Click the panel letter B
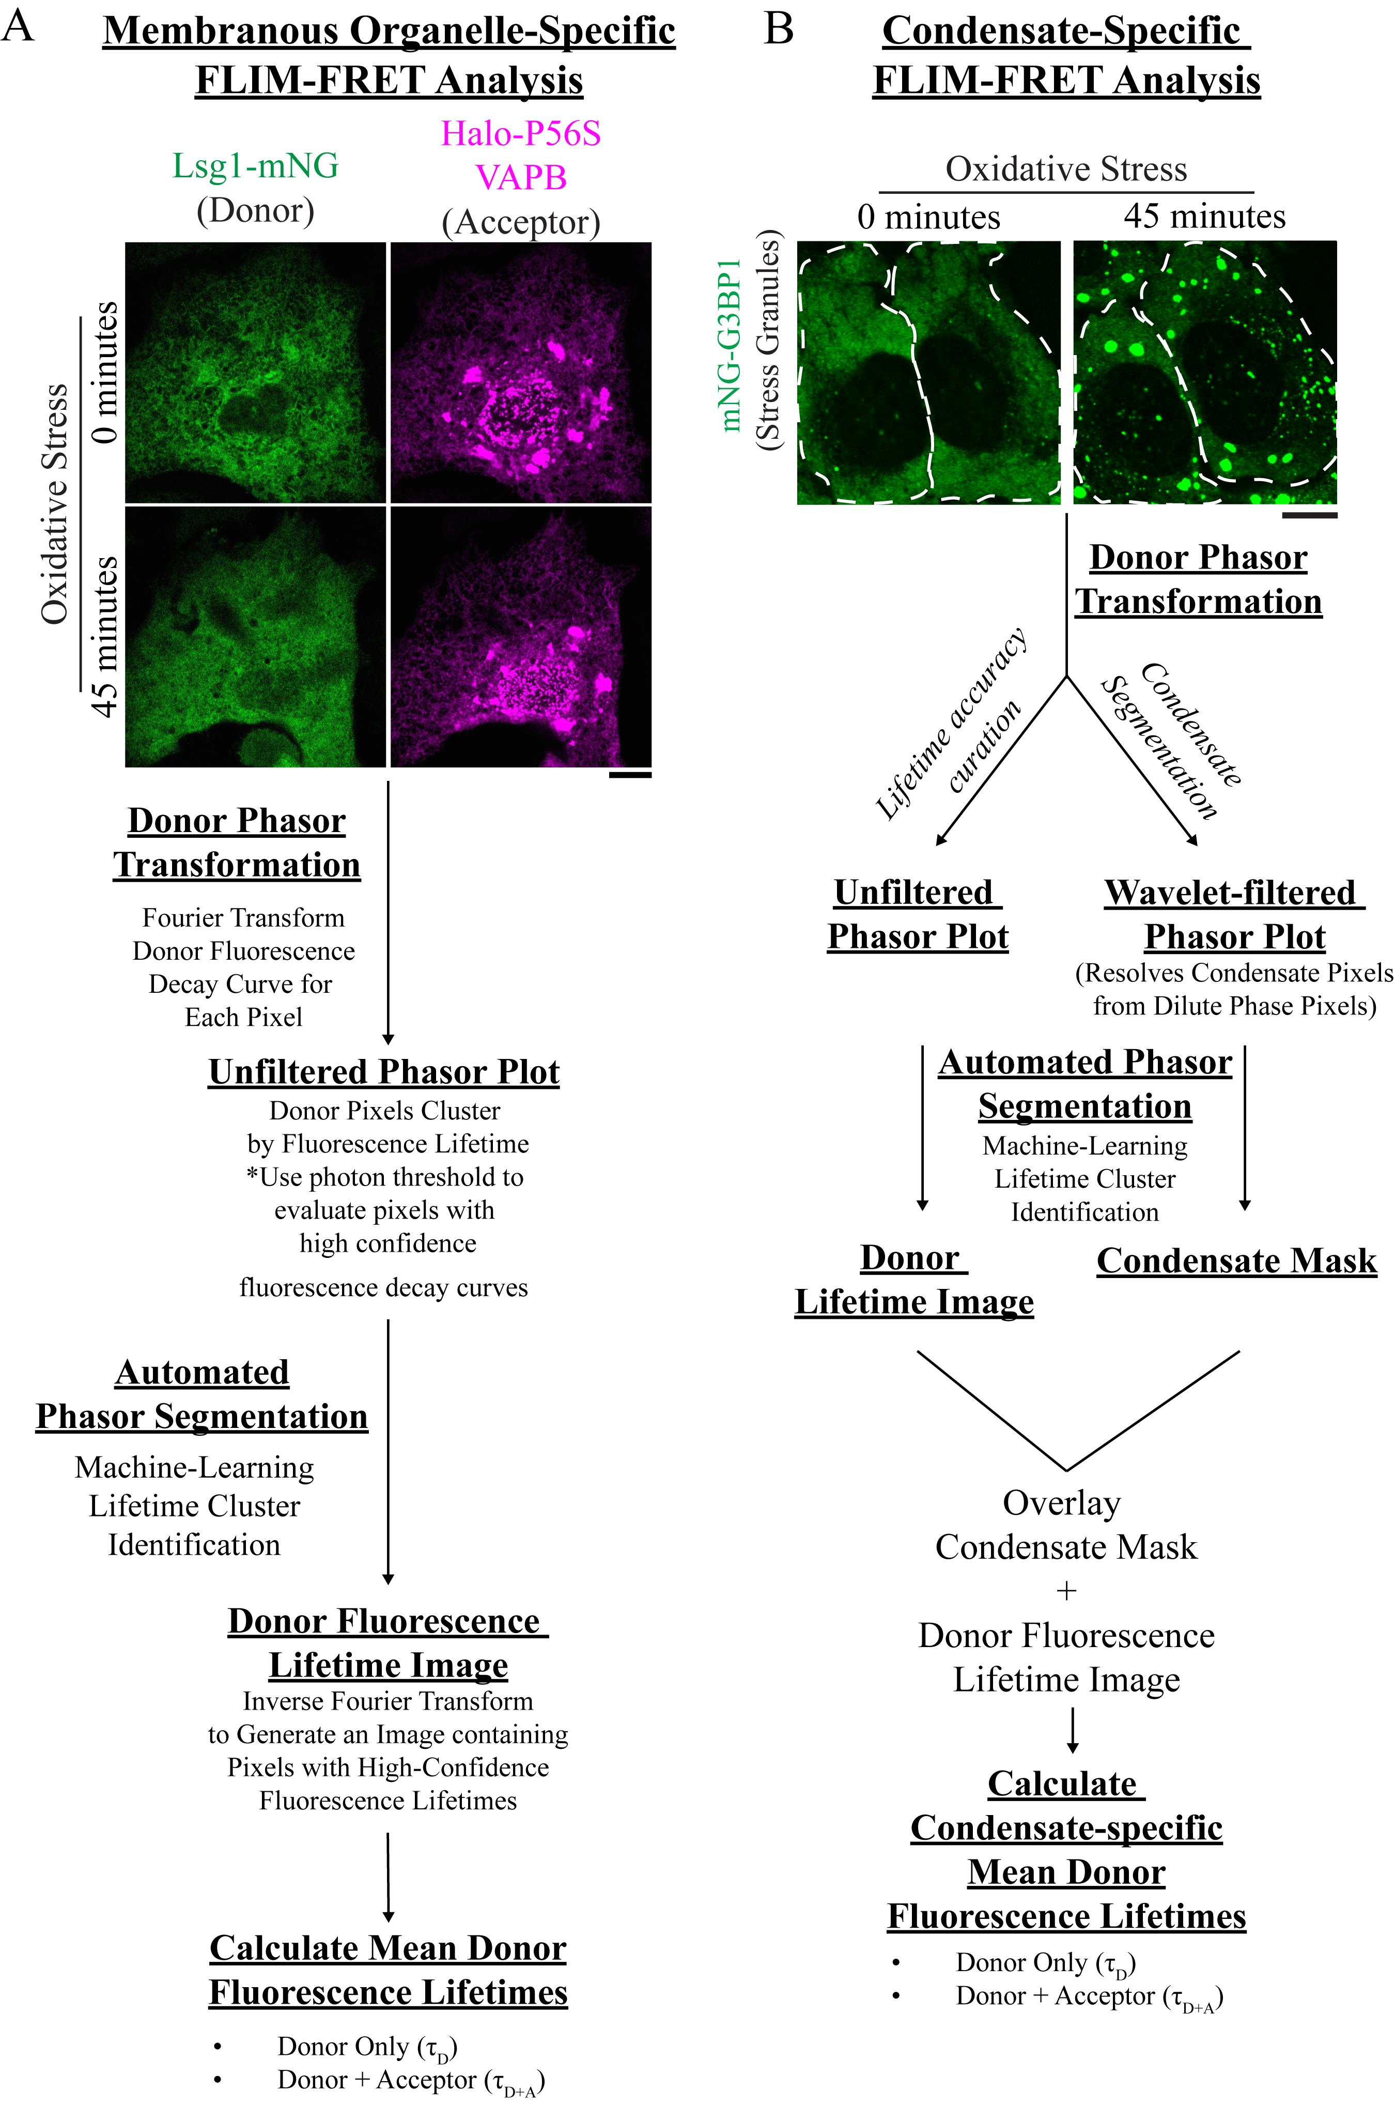[779, 29]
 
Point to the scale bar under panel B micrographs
[1310, 514]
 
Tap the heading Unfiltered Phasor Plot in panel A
[384, 1072]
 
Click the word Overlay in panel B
[1062, 1503]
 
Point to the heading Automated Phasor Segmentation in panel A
[202, 1394]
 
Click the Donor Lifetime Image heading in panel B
[915, 1280]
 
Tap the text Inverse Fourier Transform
[388, 1701]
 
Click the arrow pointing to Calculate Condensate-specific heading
[1073, 1730]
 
